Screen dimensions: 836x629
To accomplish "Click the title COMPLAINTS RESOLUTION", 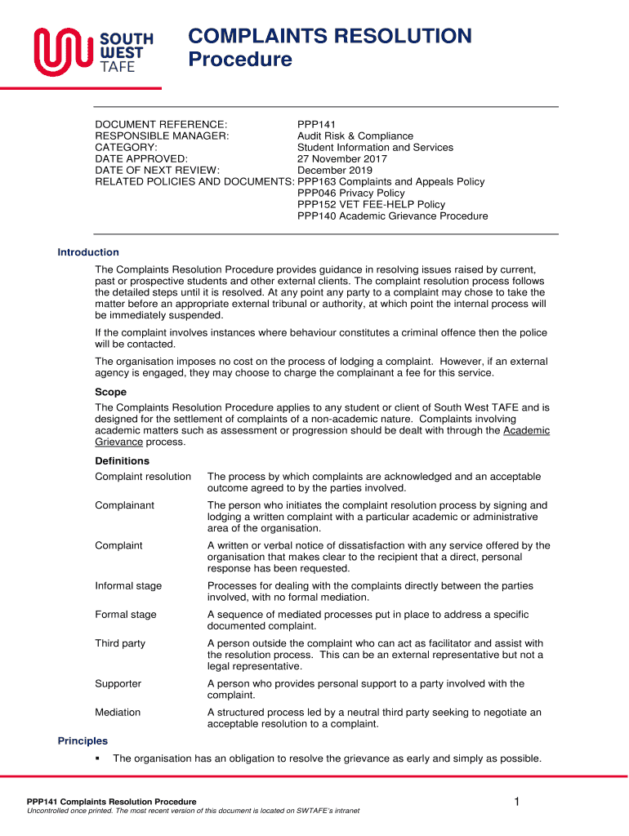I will pyautogui.click(x=330, y=36).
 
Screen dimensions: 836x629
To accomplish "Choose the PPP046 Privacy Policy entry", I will pyautogui.click(x=350, y=193).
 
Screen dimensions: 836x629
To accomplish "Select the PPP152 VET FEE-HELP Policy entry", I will pyautogui.click(x=371, y=204).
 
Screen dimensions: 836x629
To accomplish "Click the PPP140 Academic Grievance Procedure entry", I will pyautogui.click(x=392, y=216).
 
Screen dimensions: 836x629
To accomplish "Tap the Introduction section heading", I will pyautogui.click(x=88, y=252).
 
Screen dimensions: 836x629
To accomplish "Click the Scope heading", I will pyautogui.click(x=111, y=392).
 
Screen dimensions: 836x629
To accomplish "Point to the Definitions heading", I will pyautogui.click(x=123, y=460).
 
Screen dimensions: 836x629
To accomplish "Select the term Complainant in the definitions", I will pyautogui.click(x=124, y=505).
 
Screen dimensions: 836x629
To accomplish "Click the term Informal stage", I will pyautogui.click(x=128, y=585).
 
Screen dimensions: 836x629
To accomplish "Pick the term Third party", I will pyautogui.click(x=120, y=643).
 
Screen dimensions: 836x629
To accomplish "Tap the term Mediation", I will pyautogui.click(x=118, y=712).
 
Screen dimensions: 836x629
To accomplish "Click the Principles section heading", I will pyautogui.click(x=83, y=740).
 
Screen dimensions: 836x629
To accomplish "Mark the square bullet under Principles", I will pyautogui.click(x=98, y=758).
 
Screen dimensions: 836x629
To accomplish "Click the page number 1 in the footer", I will pyautogui.click(x=517, y=803).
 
